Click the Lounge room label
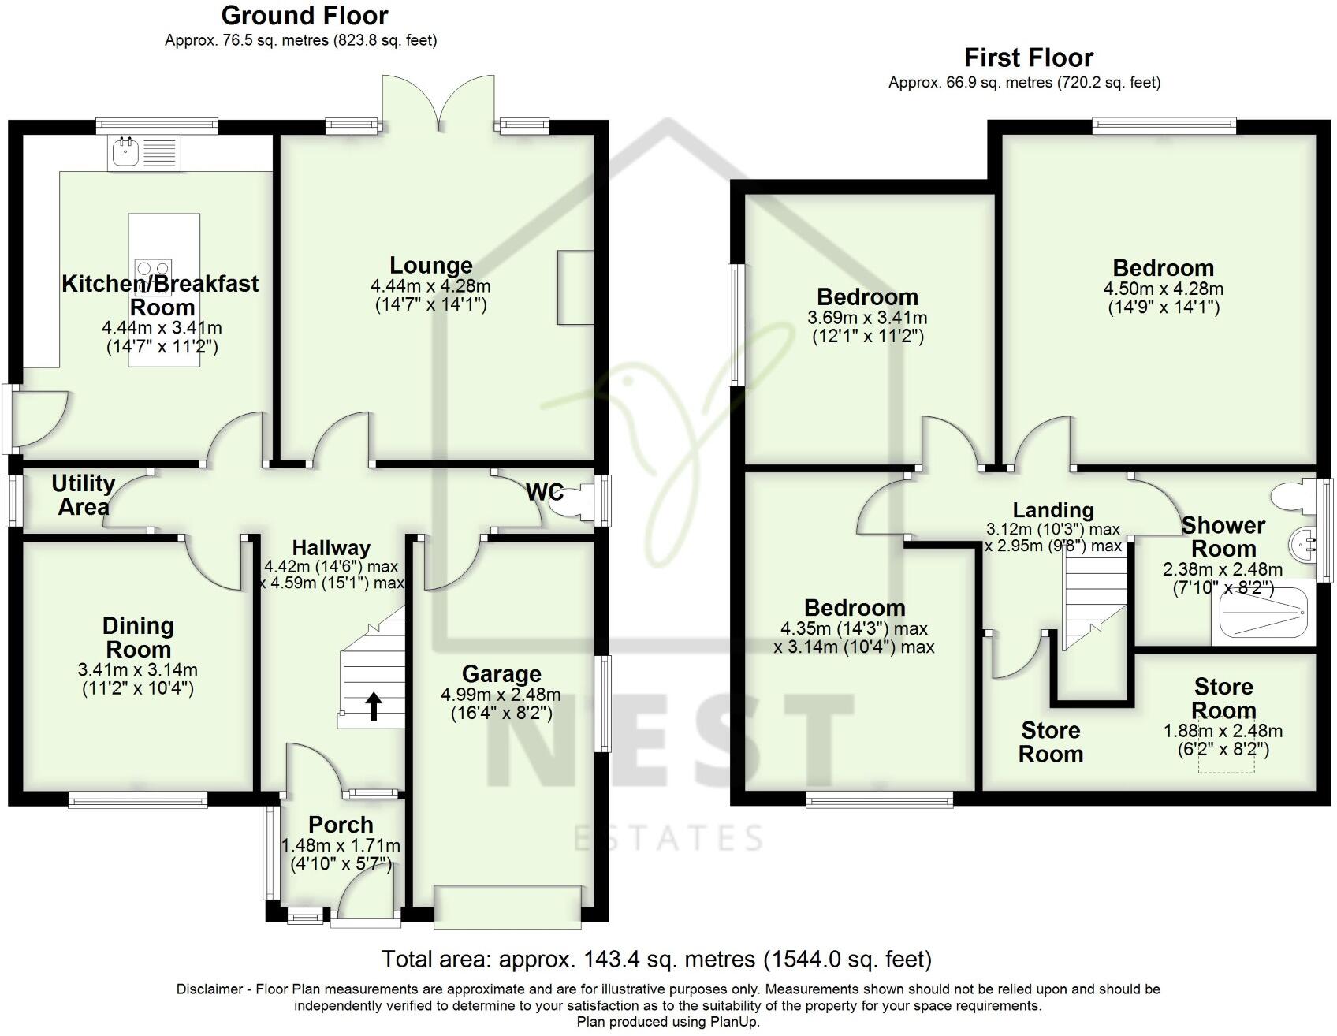click(x=430, y=266)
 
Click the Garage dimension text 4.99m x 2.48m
click(x=501, y=695)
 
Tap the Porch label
click(x=341, y=825)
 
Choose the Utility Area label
click(x=84, y=495)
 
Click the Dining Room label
click(x=138, y=637)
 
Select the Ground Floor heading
click(x=304, y=16)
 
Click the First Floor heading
click(x=1028, y=58)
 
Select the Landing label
click(x=1053, y=510)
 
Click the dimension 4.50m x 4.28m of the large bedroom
click(x=1163, y=289)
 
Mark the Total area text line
click(x=656, y=960)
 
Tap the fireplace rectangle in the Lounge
click(x=575, y=288)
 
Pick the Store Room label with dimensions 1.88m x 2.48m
click(x=1223, y=699)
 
